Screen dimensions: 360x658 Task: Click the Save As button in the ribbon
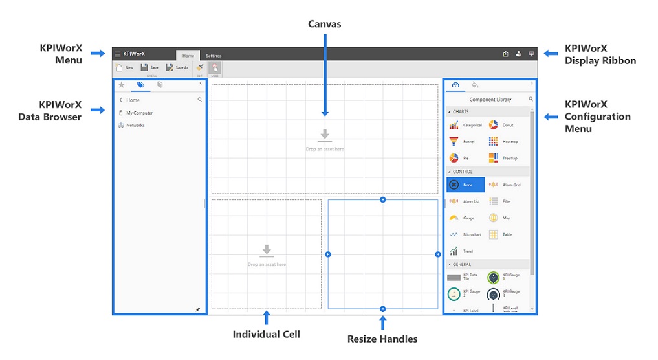point(177,67)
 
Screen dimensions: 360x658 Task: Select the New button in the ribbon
point(124,67)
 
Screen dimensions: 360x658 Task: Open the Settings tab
point(214,56)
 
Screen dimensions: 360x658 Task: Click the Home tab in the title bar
point(188,56)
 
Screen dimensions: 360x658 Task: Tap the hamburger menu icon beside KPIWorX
point(117,54)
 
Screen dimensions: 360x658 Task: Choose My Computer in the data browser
point(139,113)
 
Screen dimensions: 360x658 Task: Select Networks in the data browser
point(135,126)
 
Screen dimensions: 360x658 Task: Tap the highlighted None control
point(465,185)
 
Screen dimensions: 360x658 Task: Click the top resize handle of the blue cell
point(383,199)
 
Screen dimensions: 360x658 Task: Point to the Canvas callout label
point(324,24)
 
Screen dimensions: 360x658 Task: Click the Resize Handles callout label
point(382,339)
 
